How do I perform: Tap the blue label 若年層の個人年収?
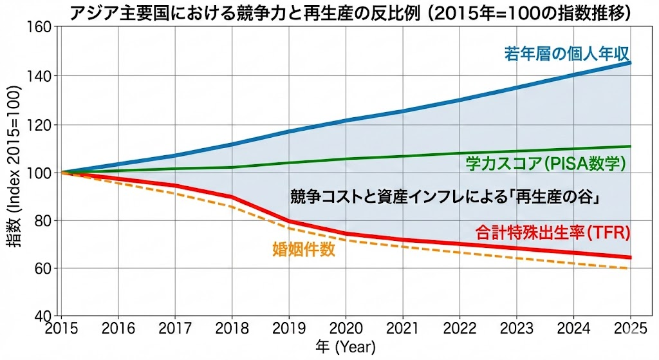566,53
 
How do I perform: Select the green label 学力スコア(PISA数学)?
545,164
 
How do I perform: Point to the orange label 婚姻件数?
304,250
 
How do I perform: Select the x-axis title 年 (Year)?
346,348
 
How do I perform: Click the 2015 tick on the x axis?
62,328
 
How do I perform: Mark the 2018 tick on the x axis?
232,328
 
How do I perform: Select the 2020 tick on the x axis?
346,328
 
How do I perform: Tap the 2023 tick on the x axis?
517,328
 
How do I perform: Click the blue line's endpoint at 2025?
631,63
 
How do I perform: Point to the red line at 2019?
290,221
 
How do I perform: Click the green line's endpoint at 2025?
631,146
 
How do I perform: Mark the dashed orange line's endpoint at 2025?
629,268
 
